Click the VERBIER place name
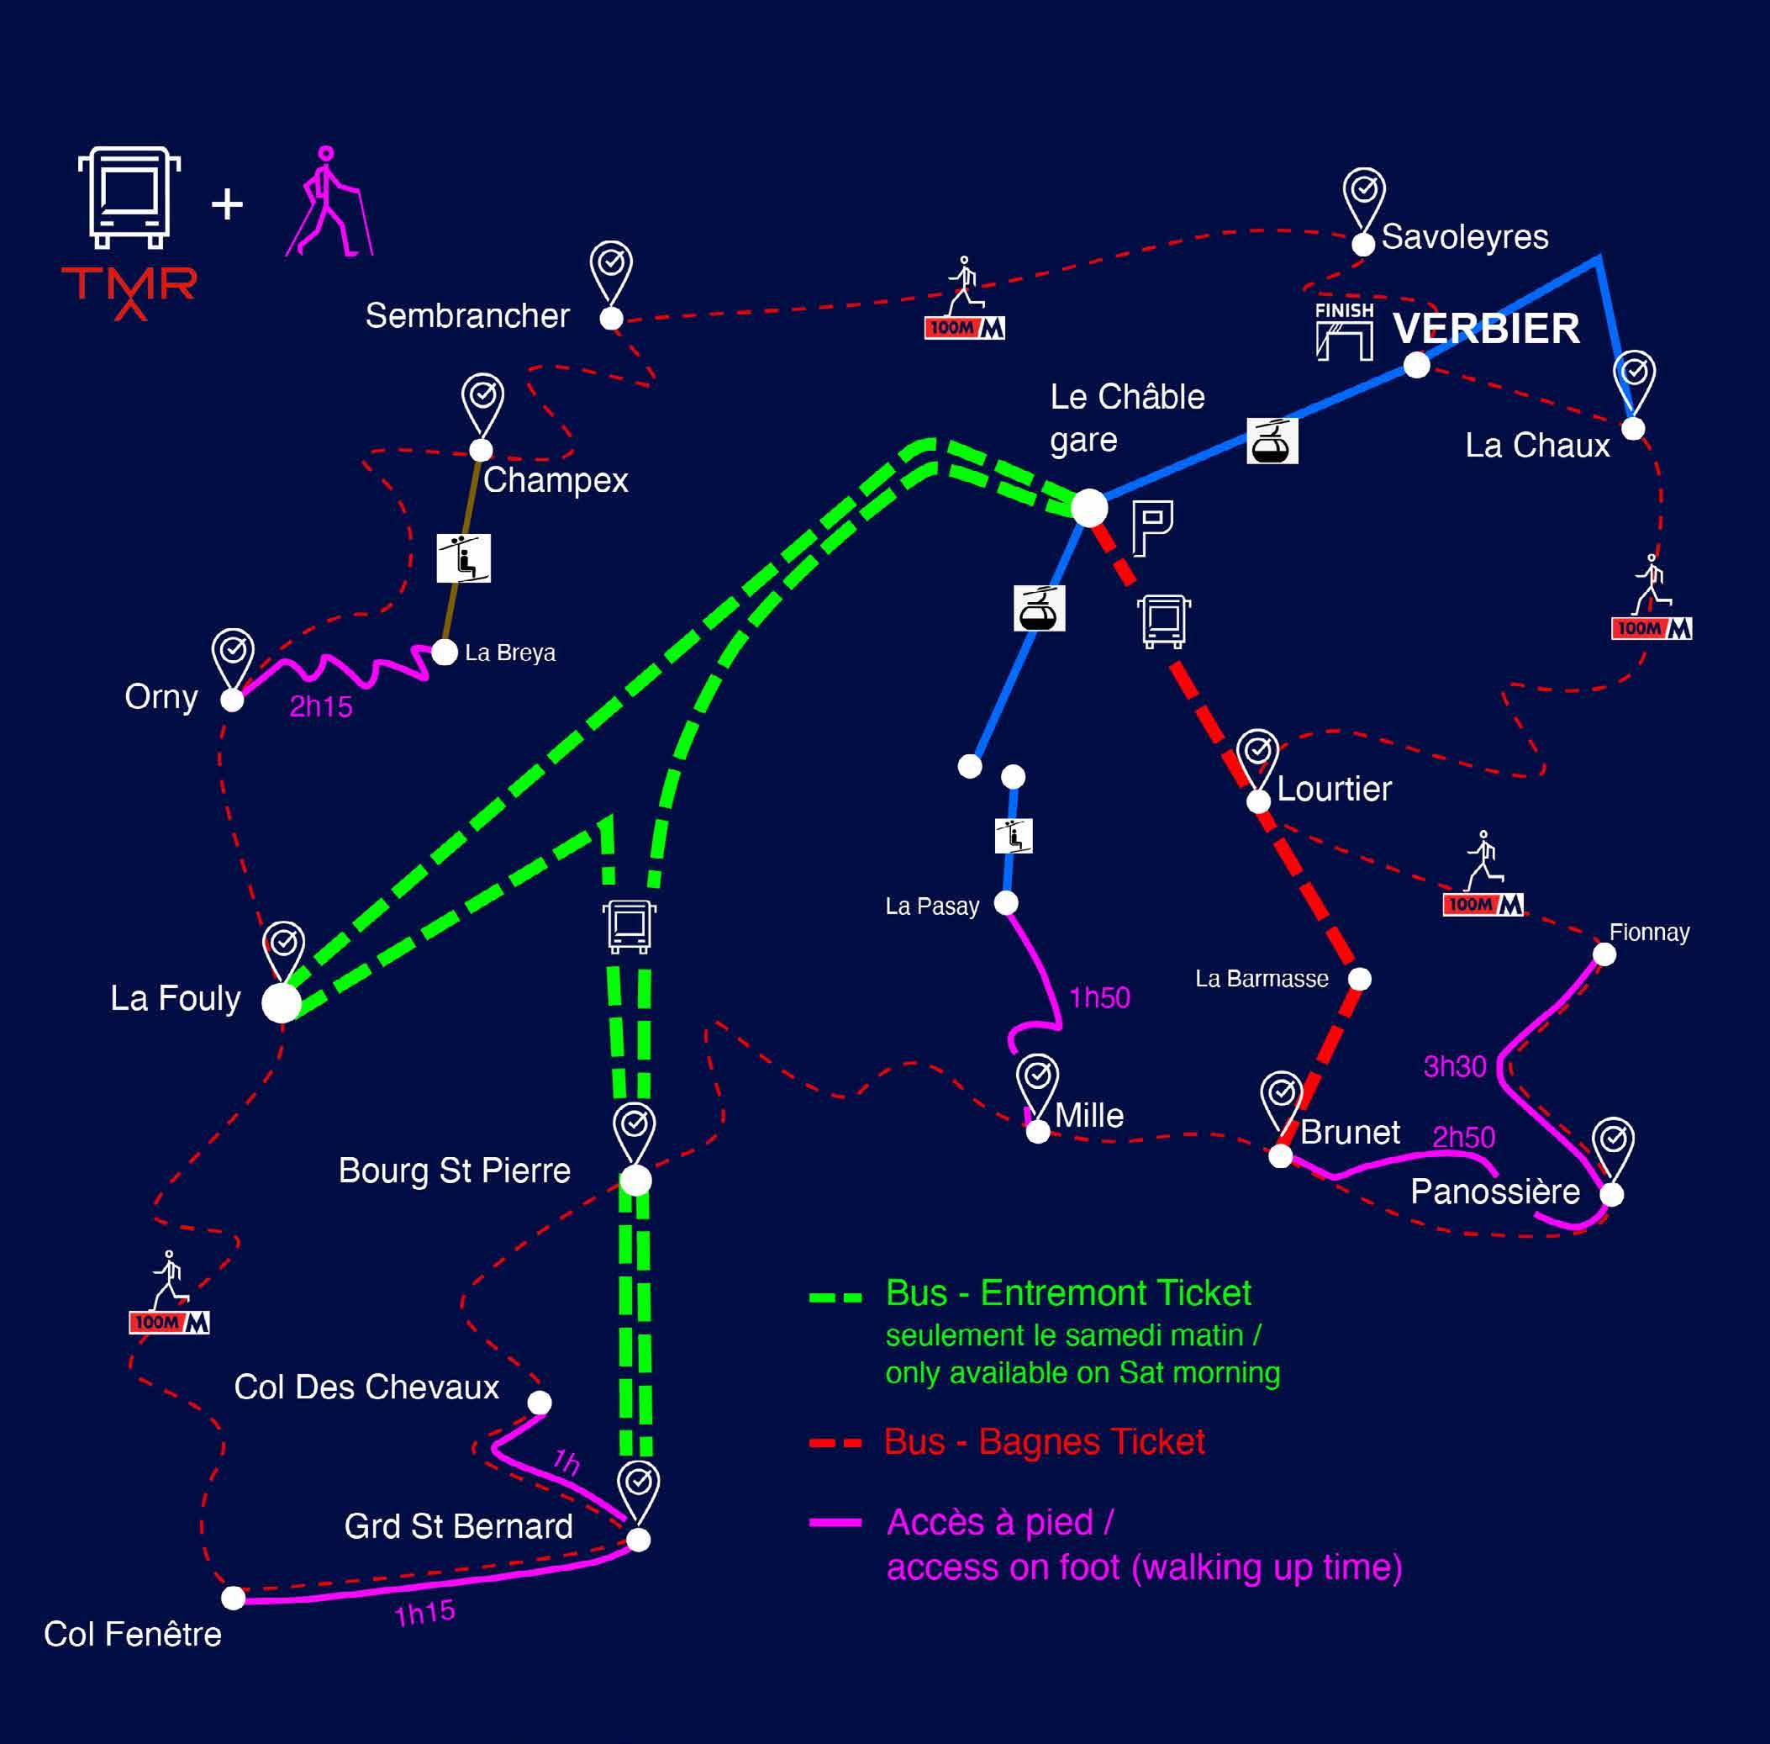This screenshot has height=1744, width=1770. (x=1485, y=329)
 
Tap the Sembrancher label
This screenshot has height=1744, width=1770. (x=467, y=316)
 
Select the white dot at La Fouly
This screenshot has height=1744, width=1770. (x=281, y=1003)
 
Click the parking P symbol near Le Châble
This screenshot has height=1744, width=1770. (x=1152, y=529)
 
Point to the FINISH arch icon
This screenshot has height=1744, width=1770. (x=1344, y=331)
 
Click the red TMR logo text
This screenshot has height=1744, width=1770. (x=129, y=287)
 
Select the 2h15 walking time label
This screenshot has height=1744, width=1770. (x=320, y=707)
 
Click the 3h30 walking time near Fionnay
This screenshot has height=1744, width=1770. (x=1454, y=1067)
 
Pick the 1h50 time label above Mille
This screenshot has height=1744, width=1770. (x=1098, y=997)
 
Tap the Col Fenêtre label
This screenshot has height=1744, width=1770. (x=133, y=1634)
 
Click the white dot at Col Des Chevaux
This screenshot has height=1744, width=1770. (x=540, y=1403)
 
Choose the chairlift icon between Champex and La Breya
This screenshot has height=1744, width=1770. (x=463, y=558)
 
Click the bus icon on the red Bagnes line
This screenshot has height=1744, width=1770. (x=1164, y=621)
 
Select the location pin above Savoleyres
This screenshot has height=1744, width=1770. (x=1363, y=196)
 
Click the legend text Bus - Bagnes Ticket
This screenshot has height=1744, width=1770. (x=1044, y=1443)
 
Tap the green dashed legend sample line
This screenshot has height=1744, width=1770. (x=835, y=1297)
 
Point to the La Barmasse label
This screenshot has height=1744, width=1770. (x=1261, y=979)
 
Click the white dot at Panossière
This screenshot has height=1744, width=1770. (x=1612, y=1194)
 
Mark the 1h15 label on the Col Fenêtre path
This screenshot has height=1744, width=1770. (x=425, y=1613)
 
